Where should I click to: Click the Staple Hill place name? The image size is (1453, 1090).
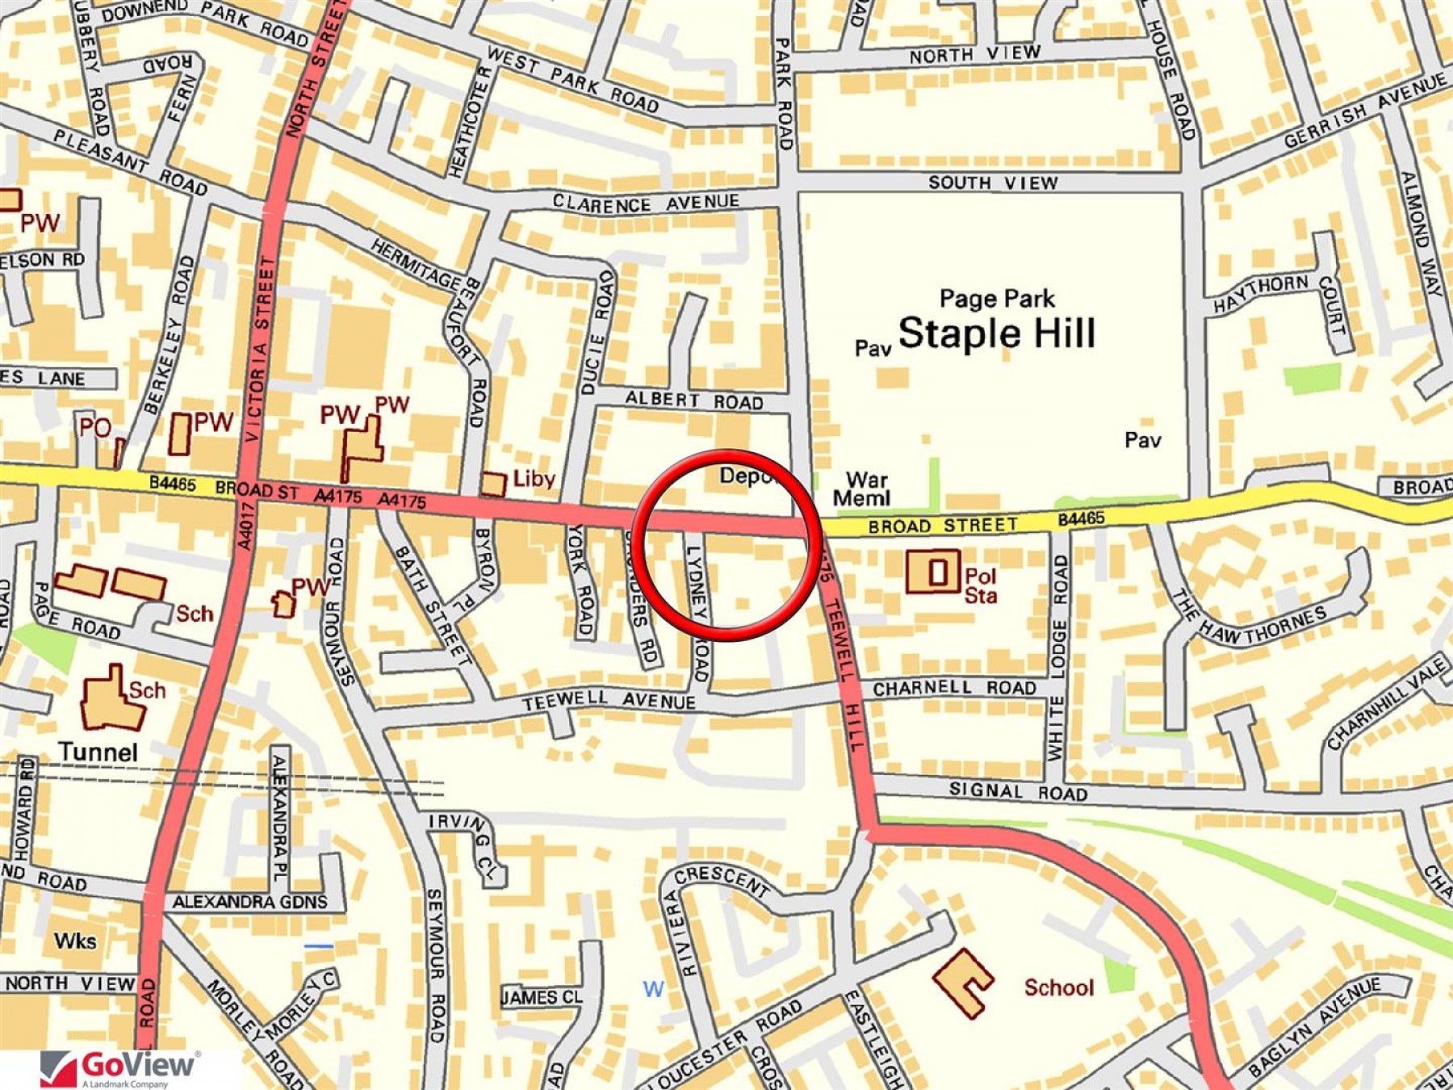[x=997, y=333]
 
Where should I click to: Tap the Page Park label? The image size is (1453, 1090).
[x=997, y=299]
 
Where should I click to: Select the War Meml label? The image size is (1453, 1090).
[x=862, y=489]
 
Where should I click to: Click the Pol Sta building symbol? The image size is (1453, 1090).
[x=933, y=572]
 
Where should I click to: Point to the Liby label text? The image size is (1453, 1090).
[x=534, y=479]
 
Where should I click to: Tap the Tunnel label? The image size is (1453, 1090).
[x=98, y=753]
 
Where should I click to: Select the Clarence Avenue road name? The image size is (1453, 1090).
[x=646, y=203]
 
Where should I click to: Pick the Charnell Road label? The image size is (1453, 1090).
[x=954, y=688]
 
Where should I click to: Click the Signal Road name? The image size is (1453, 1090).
[x=1018, y=791]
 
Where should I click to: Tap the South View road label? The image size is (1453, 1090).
[x=993, y=182]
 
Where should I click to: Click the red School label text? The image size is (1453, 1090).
[x=1058, y=987]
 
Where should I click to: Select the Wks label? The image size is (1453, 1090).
[x=75, y=941]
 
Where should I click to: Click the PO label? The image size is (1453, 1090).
[x=94, y=426]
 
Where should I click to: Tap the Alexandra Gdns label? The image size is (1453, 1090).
[x=250, y=902]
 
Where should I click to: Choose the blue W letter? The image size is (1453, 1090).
[x=653, y=989]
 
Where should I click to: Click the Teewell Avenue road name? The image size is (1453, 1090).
[x=609, y=701]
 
